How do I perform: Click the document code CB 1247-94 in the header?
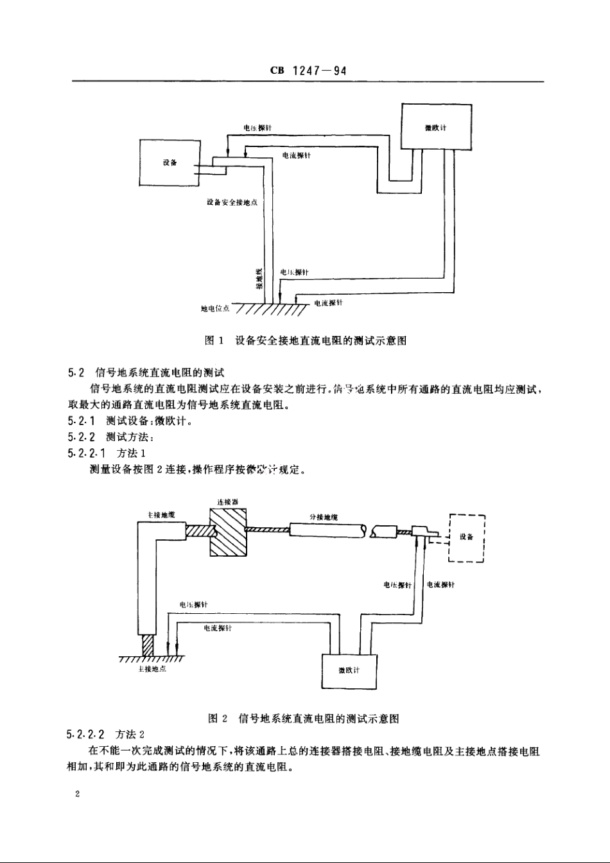[x=308, y=71]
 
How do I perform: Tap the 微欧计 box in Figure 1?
[x=436, y=128]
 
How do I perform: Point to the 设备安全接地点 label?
[x=232, y=202]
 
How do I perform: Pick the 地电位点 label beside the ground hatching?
[x=215, y=309]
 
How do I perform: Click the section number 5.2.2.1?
[x=87, y=453]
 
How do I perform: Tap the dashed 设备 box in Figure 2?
[x=466, y=537]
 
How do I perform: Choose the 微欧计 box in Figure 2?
[x=349, y=671]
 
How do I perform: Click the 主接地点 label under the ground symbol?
[x=152, y=669]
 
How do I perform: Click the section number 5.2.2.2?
[x=87, y=734]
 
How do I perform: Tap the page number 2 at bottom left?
[x=77, y=795]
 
